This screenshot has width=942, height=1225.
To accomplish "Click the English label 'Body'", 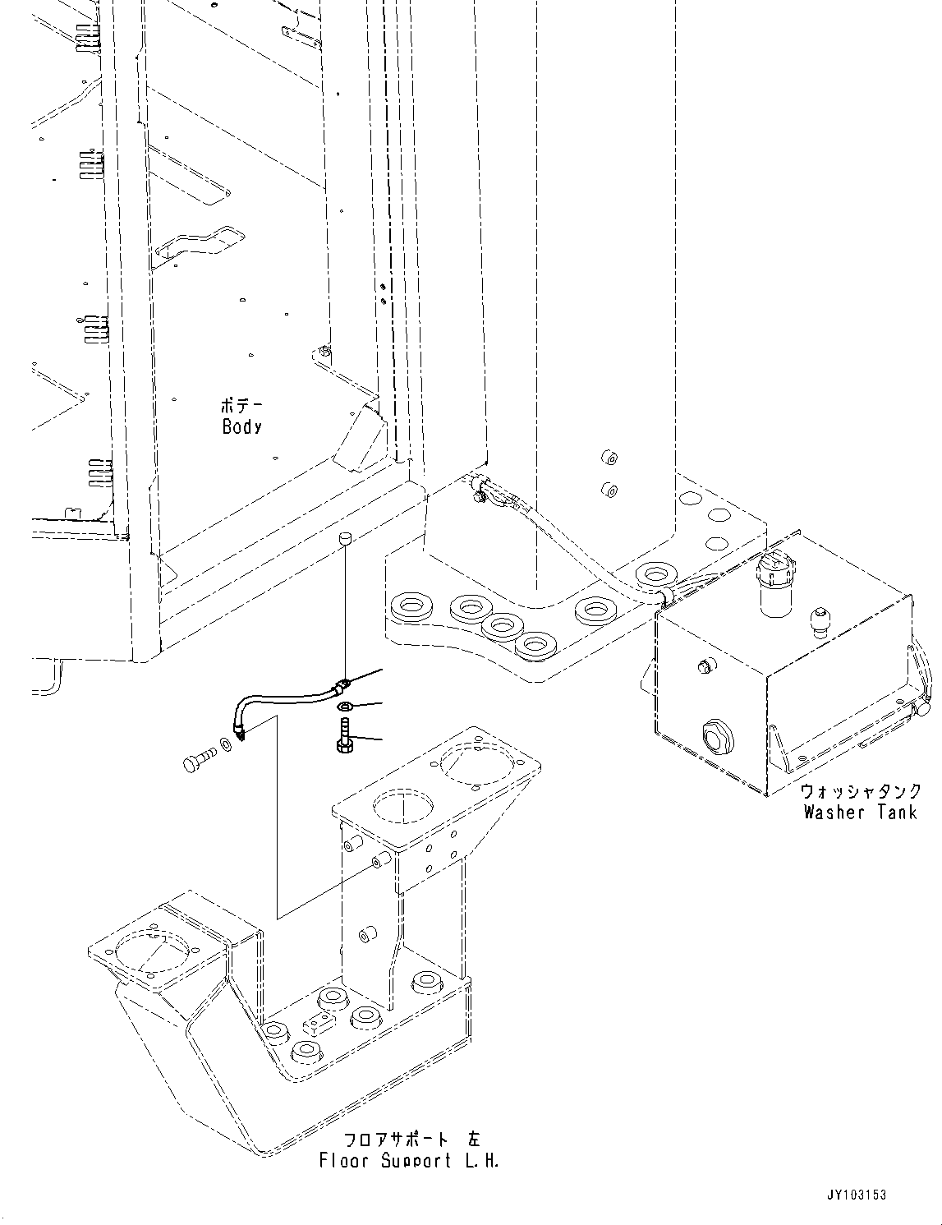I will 241,426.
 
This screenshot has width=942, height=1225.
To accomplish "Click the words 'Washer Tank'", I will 860,813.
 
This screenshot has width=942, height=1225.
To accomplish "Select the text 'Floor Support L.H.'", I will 409,1161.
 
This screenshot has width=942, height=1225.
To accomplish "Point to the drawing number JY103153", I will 857,1196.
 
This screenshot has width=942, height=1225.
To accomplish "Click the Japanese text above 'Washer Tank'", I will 861,792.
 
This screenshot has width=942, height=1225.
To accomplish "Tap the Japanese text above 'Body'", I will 241,406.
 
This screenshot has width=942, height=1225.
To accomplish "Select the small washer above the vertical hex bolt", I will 347,706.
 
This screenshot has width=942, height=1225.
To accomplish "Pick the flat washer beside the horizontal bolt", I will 224,751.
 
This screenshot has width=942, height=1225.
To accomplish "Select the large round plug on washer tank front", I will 715,736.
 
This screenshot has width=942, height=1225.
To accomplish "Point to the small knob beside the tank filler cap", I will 818,618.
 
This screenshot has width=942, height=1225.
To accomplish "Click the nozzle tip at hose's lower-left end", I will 239,738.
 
